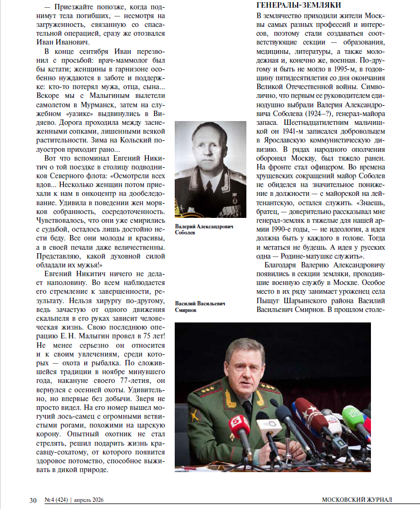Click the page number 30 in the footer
click(33, 500)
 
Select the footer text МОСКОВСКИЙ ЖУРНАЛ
click(357, 500)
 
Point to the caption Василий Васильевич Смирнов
click(200, 307)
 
